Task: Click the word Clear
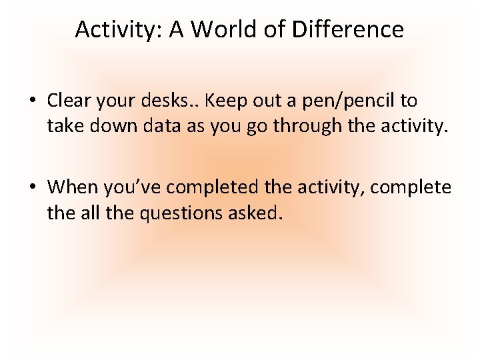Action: (68, 101)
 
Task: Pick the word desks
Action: (167, 101)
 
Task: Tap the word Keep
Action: (225, 101)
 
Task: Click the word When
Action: (71, 186)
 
